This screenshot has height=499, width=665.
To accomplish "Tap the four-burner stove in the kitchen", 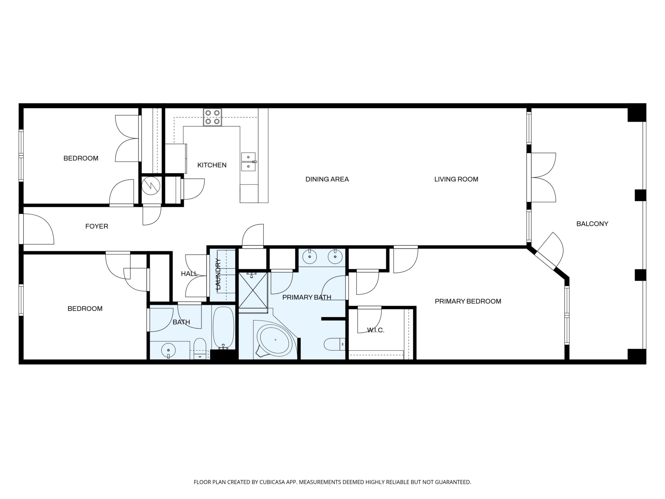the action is [x=213, y=117].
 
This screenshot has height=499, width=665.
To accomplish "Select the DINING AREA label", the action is [x=327, y=179].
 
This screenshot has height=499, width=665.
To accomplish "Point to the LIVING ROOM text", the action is [x=456, y=179].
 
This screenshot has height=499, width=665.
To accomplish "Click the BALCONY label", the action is [x=592, y=224].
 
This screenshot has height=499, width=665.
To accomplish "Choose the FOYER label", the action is [x=96, y=226].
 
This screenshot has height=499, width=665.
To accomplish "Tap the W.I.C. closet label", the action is [x=376, y=330].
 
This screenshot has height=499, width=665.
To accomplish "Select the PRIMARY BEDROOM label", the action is [x=468, y=301].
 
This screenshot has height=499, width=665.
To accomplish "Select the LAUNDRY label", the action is [x=218, y=274].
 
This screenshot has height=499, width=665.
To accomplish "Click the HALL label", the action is [x=189, y=274].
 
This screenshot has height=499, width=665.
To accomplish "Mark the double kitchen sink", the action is [x=249, y=162].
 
